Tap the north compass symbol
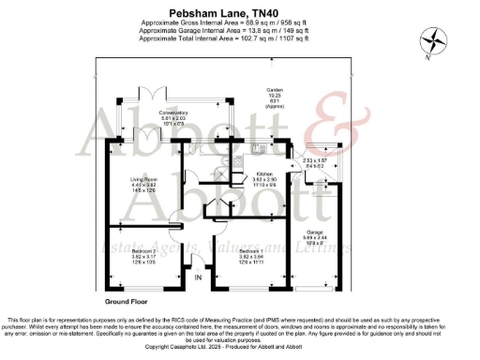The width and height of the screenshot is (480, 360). pyautogui.click(x=434, y=40)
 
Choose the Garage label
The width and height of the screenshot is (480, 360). pyautogui.click(x=316, y=231)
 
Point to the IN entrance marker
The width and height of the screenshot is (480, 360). pyautogui.click(x=198, y=278)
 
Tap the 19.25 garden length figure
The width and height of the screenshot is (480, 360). pyautogui.click(x=276, y=96)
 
